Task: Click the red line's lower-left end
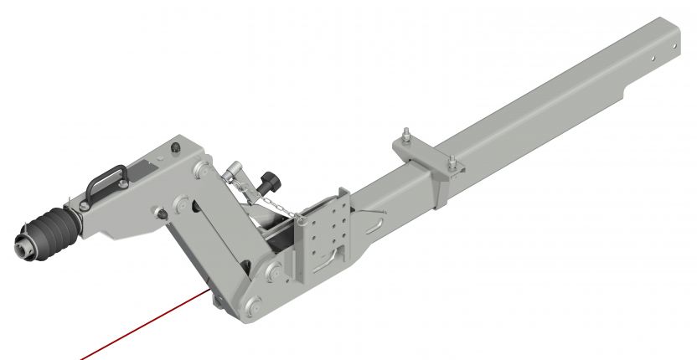pyautogui.click(x=81, y=358)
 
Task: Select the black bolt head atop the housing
pyautogui.click(x=175, y=147)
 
